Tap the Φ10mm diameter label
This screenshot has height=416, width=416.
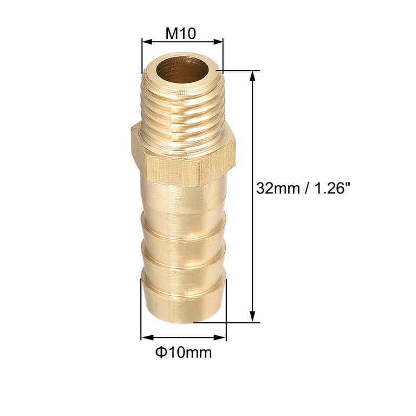183,353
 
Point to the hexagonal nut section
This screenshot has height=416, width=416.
183,157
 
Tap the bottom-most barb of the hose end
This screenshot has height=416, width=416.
183,301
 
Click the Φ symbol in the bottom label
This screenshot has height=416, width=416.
160,353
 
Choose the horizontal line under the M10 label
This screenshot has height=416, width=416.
182,42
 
